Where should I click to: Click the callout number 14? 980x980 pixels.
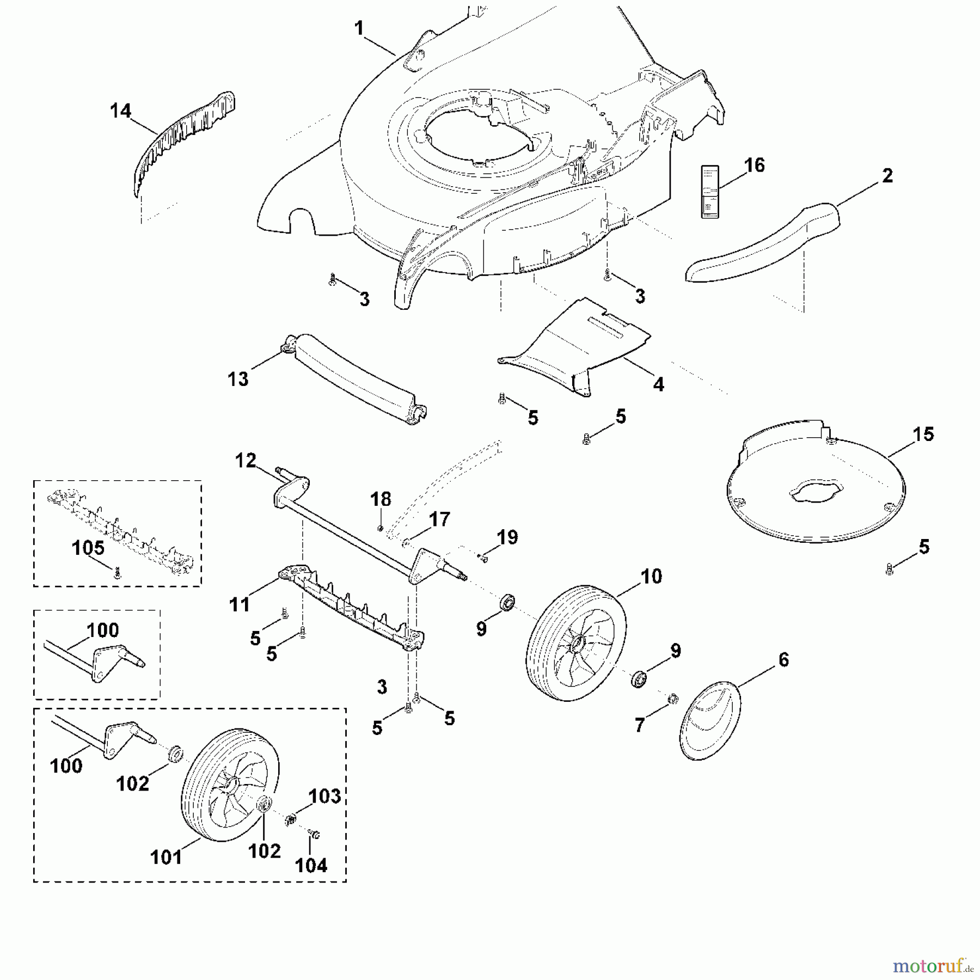[x=120, y=111]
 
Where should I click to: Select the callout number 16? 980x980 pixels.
[x=754, y=165]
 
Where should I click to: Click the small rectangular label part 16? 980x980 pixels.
[x=710, y=192]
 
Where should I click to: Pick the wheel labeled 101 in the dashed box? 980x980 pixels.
[x=229, y=784]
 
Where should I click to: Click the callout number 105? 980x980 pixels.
[x=88, y=548]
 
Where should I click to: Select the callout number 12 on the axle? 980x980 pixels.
[x=246, y=461]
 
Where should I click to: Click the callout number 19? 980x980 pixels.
[x=507, y=537]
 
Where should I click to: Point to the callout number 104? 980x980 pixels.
[x=311, y=865]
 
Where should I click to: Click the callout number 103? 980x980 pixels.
[x=324, y=796]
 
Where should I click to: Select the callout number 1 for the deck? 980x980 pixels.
[x=359, y=28]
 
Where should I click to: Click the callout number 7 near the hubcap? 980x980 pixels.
[x=639, y=725]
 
